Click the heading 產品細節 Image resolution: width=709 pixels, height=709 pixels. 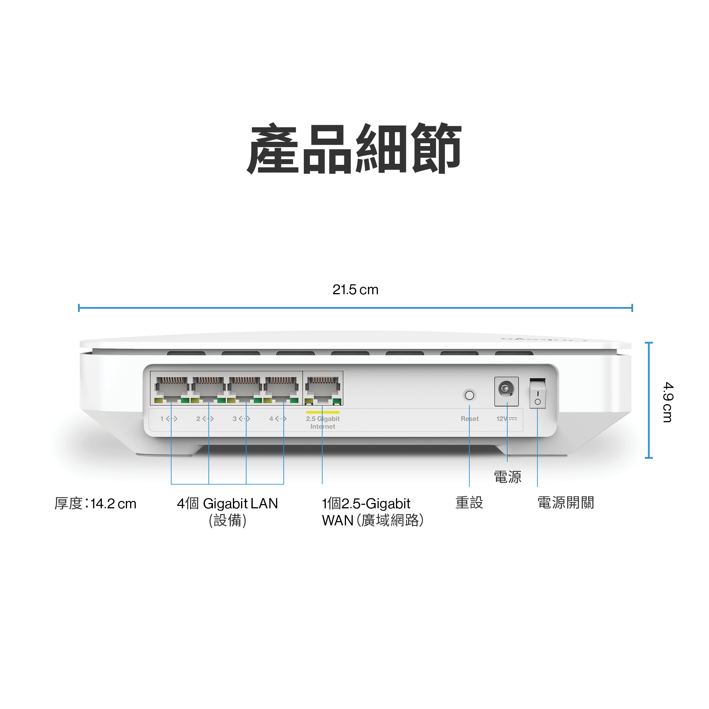354,149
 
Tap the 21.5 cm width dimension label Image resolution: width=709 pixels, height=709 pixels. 355,290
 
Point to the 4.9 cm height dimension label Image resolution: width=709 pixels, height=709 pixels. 668,402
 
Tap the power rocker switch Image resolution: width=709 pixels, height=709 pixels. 537,394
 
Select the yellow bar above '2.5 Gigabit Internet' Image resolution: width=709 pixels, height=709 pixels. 323,412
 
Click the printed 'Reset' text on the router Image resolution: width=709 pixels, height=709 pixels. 469,419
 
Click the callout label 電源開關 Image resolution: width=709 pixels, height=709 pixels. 565,503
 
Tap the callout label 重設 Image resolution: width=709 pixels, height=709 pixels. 469,503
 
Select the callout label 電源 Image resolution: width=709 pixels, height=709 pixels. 507,477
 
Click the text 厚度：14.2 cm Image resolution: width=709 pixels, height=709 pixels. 95,503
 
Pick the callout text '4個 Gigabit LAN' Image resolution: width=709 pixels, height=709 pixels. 227,503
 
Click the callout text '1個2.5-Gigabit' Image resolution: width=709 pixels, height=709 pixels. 366,503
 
